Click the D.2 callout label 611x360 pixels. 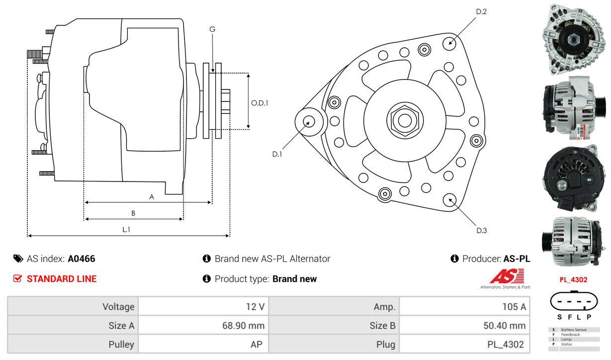(481, 11)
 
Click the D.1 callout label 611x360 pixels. (277, 154)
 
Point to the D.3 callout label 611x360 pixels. (481, 230)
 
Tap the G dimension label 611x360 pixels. (212, 29)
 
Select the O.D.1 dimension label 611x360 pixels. (260, 103)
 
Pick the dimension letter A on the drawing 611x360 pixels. (152, 197)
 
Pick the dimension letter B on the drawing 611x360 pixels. (133, 213)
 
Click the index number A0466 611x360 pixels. (82, 259)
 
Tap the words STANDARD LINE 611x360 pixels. (62, 279)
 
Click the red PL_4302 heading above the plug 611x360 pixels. (573, 279)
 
